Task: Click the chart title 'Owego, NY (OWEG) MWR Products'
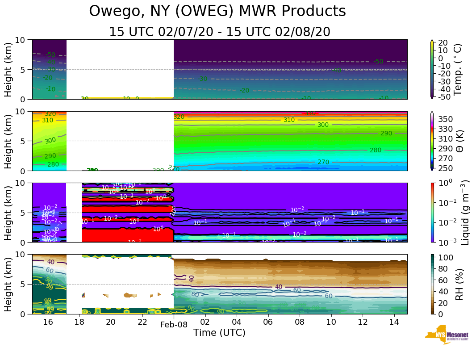217,11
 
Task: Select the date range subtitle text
220,32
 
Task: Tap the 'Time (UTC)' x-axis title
219,333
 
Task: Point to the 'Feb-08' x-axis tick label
174,325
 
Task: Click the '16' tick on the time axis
48,322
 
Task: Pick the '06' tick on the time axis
268,322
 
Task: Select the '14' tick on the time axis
393,322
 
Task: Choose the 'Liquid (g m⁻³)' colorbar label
465,212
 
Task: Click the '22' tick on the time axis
142,322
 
